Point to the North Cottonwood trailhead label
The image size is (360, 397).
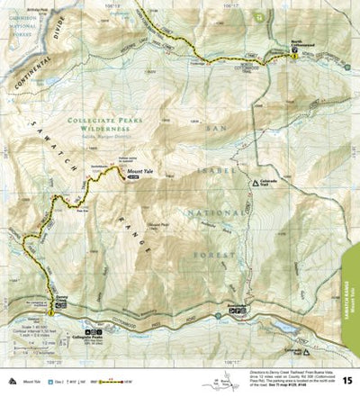coord(303,47)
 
